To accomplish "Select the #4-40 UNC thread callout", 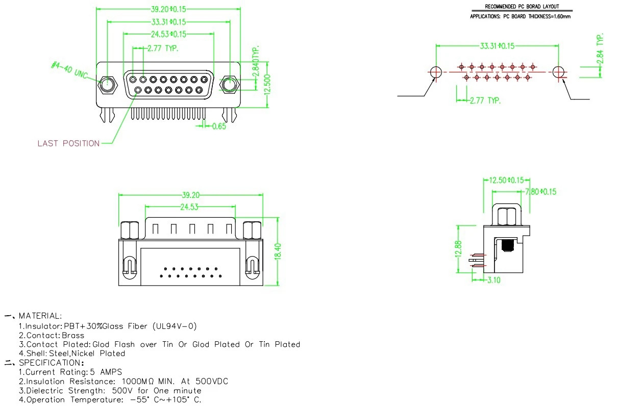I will pos(70,70).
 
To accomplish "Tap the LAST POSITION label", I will pos(68,143).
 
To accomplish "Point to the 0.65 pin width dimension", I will pos(218,126).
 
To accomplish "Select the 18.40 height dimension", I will pos(278,250).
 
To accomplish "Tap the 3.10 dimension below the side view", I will pos(493,280).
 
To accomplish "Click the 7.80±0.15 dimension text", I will pos(540,192).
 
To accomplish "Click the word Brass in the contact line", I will pos(73,335).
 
